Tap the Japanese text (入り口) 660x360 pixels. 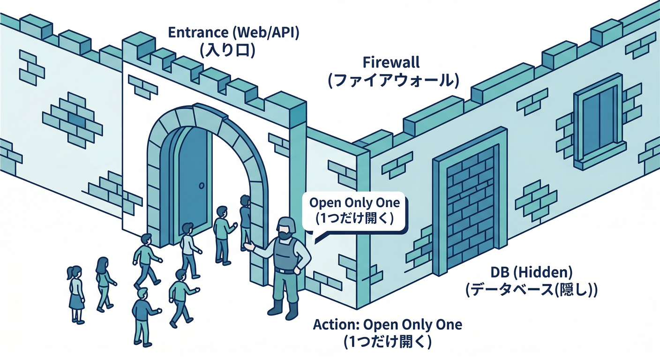227,50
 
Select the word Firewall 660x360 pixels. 391,63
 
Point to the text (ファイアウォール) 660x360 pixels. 391,80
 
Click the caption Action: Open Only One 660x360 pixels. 387,324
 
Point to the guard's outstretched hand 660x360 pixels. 248,246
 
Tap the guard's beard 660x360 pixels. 284,234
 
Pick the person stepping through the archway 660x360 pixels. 245,220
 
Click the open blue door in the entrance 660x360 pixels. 192,183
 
